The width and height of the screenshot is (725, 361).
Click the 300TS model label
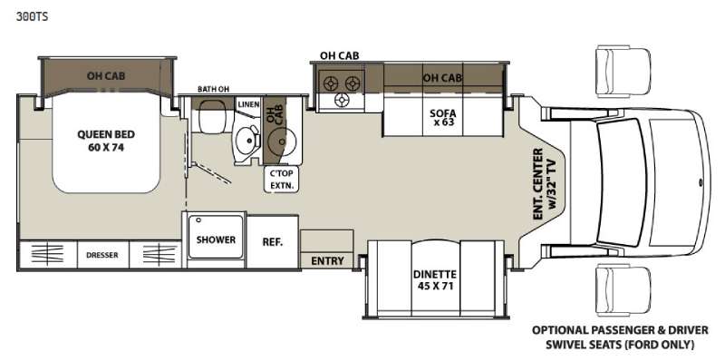click(x=32, y=17)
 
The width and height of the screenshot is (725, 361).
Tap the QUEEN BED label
click(x=106, y=134)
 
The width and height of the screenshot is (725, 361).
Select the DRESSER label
click(x=102, y=255)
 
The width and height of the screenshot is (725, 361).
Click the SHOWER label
click(x=216, y=239)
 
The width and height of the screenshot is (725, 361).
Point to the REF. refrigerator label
click(x=273, y=242)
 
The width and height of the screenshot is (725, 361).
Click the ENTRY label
click(x=327, y=261)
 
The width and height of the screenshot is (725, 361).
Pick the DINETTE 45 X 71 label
click(x=435, y=280)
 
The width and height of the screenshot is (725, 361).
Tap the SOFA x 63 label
click(x=443, y=118)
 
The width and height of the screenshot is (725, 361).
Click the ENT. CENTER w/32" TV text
click(x=545, y=184)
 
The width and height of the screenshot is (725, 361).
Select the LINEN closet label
click(x=248, y=104)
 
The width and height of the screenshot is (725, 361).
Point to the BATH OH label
click(x=214, y=89)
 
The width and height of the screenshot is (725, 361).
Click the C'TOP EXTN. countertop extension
click(x=282, y=180)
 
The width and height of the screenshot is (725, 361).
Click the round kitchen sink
click(x=281, y=139)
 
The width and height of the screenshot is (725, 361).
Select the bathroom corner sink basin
click(x=246, y=139)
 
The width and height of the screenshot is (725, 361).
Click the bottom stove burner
click(x=342, y=100)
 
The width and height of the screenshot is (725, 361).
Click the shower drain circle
click(x=198, y=220)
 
